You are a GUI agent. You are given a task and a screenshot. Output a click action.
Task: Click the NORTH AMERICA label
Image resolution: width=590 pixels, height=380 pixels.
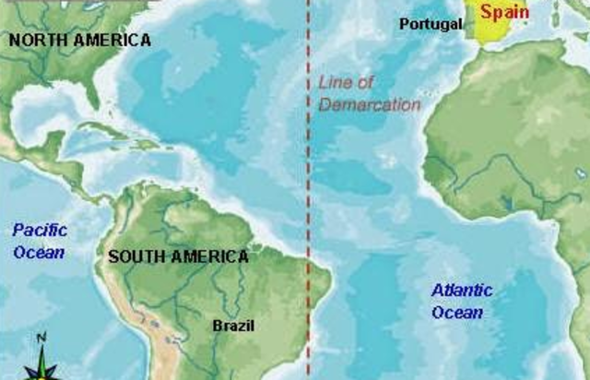click(79, 40)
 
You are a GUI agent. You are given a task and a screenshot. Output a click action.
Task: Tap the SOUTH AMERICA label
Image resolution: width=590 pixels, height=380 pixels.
click(178, 256)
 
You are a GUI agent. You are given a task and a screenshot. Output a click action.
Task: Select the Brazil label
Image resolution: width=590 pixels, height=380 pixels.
click(233, 325)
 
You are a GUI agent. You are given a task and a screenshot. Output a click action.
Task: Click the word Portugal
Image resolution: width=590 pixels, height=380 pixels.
click(431, 24)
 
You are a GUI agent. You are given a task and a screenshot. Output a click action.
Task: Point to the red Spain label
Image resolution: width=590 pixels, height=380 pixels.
click(504, 13)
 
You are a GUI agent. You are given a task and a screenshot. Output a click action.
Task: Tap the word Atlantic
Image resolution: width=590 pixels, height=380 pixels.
click(462, 291)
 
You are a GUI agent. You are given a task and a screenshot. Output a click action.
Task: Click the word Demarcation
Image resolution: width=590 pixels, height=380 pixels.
click(370, 104)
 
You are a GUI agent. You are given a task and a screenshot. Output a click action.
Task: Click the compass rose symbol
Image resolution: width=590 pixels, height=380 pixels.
click(41, 367)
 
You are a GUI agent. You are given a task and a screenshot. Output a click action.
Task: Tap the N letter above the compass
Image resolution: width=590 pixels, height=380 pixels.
click(41, 338)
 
